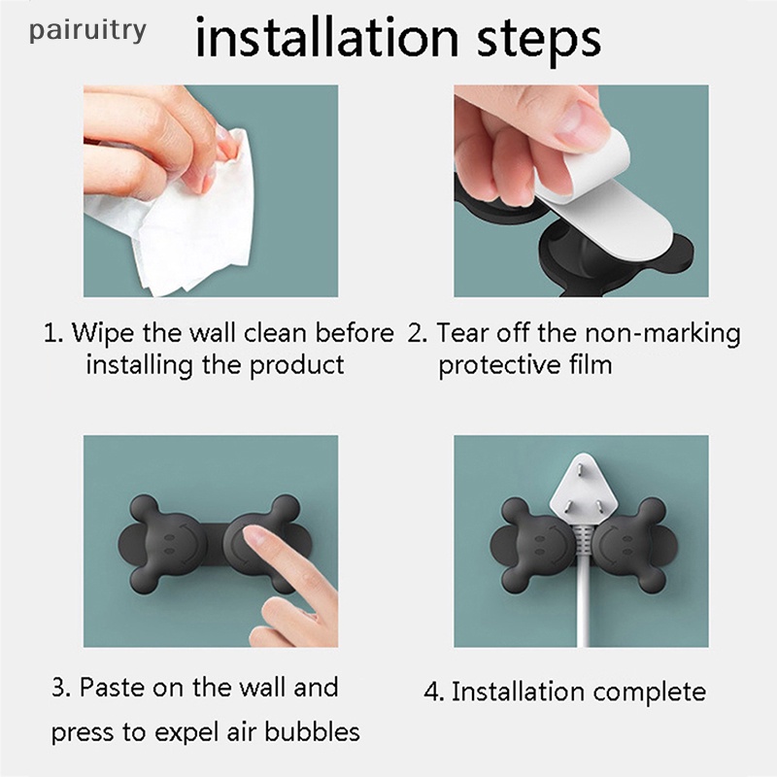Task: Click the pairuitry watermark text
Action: (87, 31)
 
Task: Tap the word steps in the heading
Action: (539, 40)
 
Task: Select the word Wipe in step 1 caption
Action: (103, 332)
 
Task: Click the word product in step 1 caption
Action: (296, 366)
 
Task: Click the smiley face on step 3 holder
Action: (177, 543)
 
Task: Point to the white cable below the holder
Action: (584, 610)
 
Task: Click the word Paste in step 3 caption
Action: (112, 688)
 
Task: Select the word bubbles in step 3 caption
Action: (312, 731)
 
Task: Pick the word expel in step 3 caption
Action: (186, 732)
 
